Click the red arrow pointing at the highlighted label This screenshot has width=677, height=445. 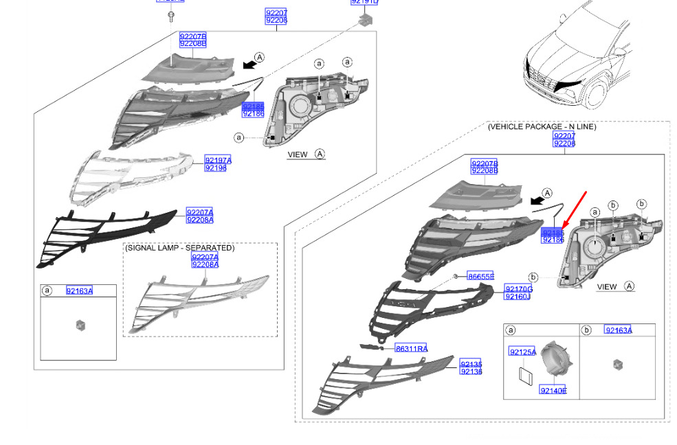(574, 209)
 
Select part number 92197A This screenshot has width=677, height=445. (218, 160)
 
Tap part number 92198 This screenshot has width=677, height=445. (215, 168)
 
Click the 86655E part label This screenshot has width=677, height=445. (481, 276)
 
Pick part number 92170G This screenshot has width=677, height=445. (519, 289)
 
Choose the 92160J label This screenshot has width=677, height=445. (518, 297)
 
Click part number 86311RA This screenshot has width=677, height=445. (411, 348)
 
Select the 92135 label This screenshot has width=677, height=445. (471, 364)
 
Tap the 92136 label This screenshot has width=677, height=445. (471, 372)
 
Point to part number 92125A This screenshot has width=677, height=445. (522, 352)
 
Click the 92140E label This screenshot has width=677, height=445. (553, 391)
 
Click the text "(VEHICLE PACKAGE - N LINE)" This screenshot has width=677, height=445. (542, 127)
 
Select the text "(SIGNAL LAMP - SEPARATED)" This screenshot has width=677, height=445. (179, 248)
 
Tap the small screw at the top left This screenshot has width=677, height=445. (170, 16)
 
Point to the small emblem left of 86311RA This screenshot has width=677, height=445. (375, 347)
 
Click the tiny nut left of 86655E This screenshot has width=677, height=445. (455, 275)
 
